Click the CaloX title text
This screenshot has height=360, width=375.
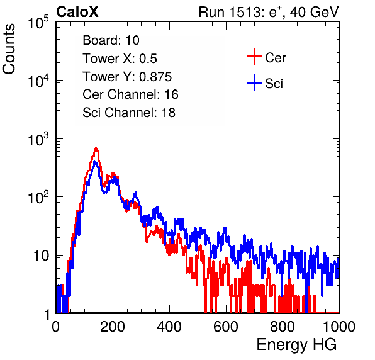(x=77, y=12)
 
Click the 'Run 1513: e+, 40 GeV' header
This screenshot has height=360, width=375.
(x=269, y=12)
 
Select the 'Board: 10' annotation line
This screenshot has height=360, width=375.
(x=111, y=40)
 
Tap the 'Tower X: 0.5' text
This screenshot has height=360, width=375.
(x=120, y=58)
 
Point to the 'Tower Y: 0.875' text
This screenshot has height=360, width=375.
(x=127, y=76)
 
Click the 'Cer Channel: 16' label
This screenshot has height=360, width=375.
(x=130, y=94)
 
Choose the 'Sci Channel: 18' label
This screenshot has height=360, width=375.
(x=129, y=113)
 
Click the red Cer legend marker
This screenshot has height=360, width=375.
(x=254, y=57)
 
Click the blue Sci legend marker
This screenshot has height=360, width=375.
(x=254, y=82)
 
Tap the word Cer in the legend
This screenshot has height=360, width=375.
(x=275, y=58)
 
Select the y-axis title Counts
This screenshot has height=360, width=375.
(x=9, y=49)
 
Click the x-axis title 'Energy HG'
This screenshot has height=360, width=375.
(x=296, y=345)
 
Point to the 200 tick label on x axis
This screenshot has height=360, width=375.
(x=113, y=327)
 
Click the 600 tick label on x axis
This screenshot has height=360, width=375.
(x=226, y=327)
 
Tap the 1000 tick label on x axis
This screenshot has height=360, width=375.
(x=339, y=327)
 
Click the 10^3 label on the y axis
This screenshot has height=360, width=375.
(x=38, y=139)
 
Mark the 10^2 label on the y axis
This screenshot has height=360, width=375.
(x=38, y=198)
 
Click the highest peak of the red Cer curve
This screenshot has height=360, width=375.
(x=96, y=149)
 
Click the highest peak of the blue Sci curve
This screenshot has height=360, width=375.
(x=95, y=162)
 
